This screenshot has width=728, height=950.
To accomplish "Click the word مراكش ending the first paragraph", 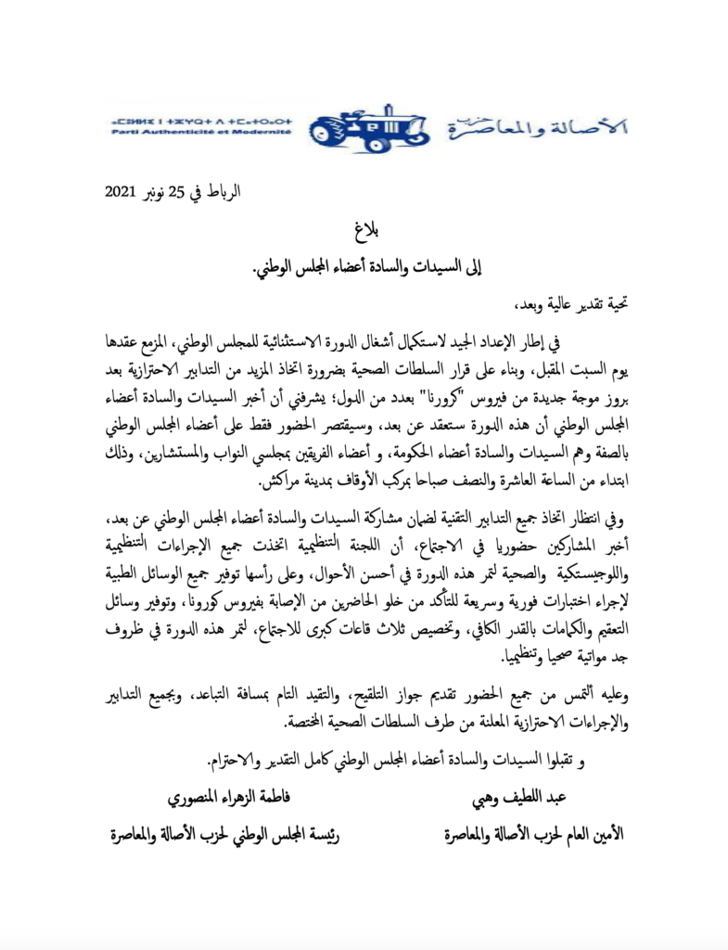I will [x=281, y=483].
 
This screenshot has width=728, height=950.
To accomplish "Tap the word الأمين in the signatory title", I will [x=605, y=834].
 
